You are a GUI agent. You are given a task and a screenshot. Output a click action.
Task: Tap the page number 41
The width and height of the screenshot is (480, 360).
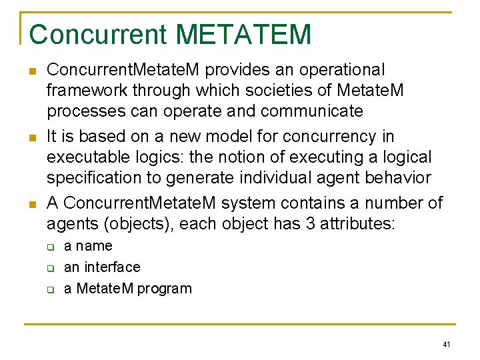pos(446,345)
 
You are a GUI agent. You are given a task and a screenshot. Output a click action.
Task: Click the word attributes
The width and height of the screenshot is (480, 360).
pos(357,224)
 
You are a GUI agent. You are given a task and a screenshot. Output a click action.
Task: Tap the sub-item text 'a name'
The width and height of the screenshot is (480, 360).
pos(88,246)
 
